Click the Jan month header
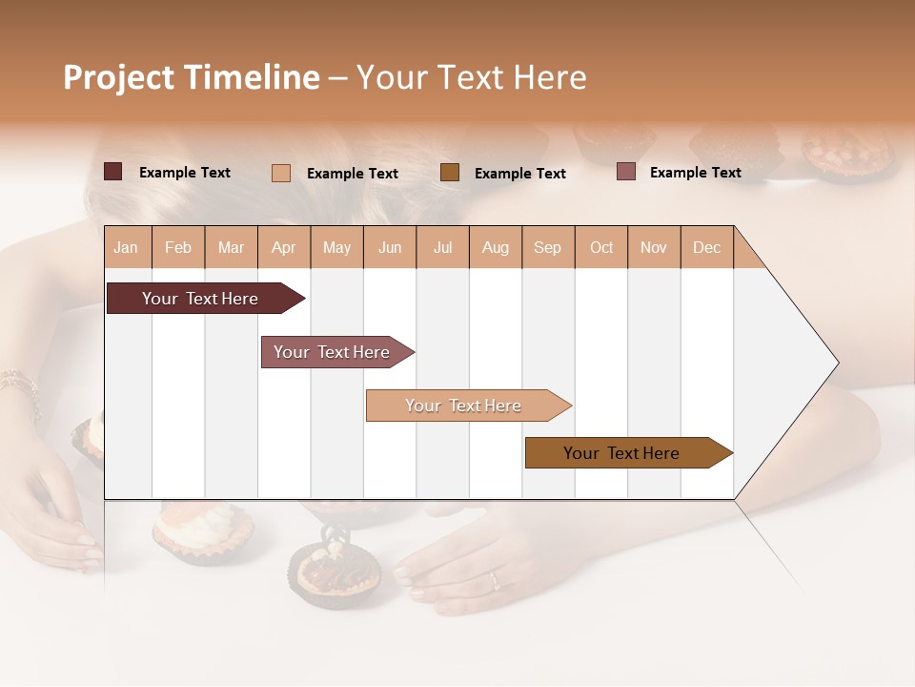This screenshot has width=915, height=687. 126,247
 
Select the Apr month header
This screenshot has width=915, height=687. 283,247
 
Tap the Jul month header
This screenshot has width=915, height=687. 442,247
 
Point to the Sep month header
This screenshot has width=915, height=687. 547,247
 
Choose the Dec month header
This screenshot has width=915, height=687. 706,247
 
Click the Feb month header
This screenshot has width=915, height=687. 178,247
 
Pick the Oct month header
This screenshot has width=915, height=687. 601,247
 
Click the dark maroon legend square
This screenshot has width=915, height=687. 113,172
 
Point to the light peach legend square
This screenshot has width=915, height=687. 281,173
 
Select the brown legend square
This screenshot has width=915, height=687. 450,172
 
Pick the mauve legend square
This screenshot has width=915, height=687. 626,172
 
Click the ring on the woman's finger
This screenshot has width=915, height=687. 493,579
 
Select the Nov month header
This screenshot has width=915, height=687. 654,247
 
